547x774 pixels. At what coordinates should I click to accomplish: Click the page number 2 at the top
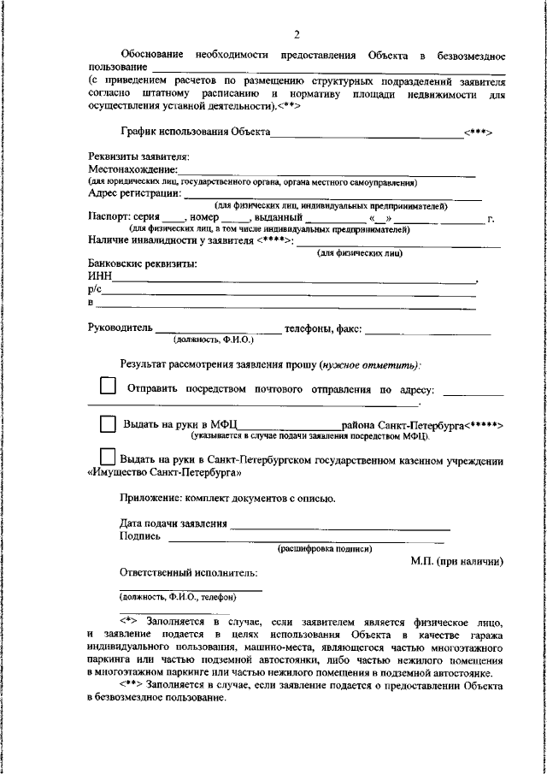tap(296, 34)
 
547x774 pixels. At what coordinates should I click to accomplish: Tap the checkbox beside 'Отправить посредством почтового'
tap(109, 387)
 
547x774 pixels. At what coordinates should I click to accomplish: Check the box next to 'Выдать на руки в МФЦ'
tap(108, 424)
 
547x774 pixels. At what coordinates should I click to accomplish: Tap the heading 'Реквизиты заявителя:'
tap(138, 157)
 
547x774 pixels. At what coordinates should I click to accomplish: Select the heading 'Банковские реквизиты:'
tap(142, 264)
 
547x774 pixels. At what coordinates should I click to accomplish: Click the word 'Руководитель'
tap(120, 327)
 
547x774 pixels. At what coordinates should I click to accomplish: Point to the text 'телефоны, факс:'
tap(323, 327)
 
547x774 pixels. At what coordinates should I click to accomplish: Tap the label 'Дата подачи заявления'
tap(174, 523)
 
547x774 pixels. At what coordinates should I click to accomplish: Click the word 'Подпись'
tap(137, 536)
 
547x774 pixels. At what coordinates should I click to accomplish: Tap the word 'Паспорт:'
tap(109, 217)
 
